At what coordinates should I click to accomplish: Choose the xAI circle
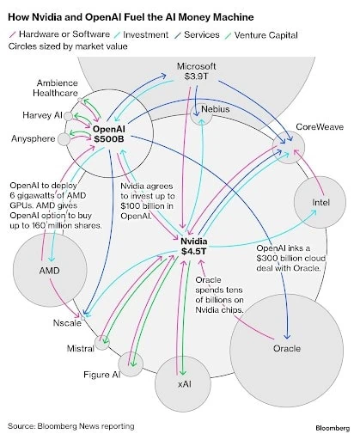pos(184,383)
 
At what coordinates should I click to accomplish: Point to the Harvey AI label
pos(40,114)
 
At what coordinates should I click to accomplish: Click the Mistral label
pos(80,349)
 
